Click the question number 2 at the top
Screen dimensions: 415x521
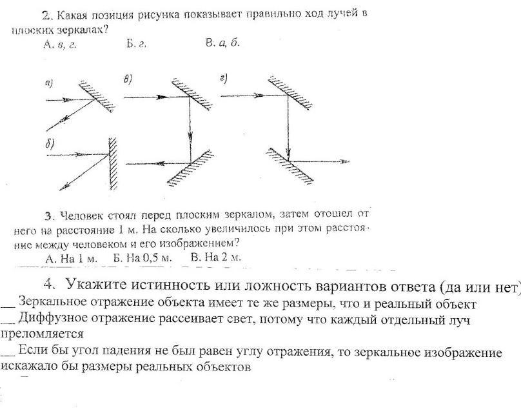pyautogui.click(x=45, y=14)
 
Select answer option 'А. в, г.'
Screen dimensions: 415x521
pyautogui.click(x=59, y=45)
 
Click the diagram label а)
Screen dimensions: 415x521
pyautogui.click(x=49, y=83)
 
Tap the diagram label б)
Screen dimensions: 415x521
pyautogui.click(x=49, y=144)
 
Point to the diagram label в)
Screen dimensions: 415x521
pyautogui.click(x=127, y=79)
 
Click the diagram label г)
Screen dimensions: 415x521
pyautogui.click(x=224, y=79)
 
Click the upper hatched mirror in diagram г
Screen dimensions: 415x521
pyautogui.click(x=290, y=93)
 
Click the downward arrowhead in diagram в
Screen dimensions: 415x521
pyautogui.click(x=190, y=138)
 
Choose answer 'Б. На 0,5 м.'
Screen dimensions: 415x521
pyautogui.click(x=143, y=258)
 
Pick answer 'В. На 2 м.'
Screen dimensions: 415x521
pyautogui.click(x=215, y=258)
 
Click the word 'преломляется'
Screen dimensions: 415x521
pyautogui.click(x=43, y=334)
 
